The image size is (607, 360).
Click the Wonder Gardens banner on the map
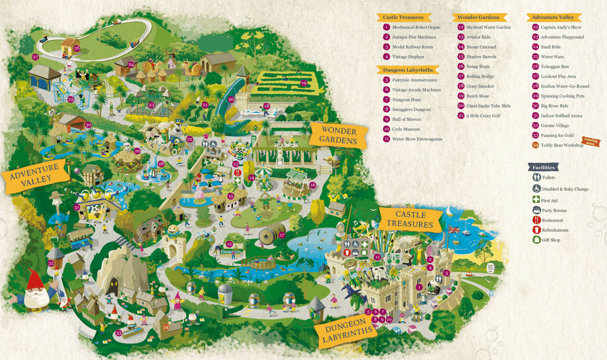pos(338,136)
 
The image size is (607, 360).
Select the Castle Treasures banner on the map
pos(411,219)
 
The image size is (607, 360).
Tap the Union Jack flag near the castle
pos(454,230)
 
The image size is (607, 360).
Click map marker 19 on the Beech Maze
pos(303,83)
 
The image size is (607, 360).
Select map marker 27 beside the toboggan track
pos(36,57)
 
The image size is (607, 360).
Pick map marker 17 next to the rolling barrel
pos(282,235)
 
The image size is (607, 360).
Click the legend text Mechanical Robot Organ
pos(416,27)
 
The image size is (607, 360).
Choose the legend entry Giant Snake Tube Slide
pos(488,106)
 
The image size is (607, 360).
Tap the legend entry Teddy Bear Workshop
pos(562,145)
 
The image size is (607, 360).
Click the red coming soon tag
pos(590,141)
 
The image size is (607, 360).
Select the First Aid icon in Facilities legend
pos(536,200)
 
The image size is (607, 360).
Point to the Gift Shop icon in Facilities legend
pos(536,240)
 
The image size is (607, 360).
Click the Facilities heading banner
pos(543,167)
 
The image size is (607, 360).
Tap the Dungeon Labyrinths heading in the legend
pos(407,70)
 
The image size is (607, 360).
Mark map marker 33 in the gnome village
pos(118,333)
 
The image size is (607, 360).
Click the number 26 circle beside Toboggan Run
pos(535,67)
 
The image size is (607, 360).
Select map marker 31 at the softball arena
pos(77,207)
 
